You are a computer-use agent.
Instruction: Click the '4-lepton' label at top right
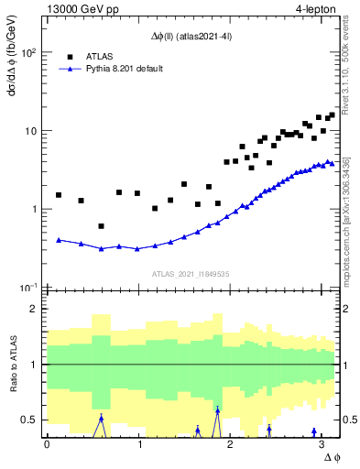[x=317, y=10]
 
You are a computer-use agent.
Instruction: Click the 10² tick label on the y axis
[x=29, y=52]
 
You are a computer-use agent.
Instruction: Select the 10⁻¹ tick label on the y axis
[x=29, y=287]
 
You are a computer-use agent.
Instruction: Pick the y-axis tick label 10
[x=31, y=130]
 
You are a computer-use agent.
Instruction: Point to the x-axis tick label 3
[x=324, y=444]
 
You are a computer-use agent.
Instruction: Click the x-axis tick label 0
[x=47, y=444]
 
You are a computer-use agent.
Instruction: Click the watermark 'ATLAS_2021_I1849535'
[x=190, y=274]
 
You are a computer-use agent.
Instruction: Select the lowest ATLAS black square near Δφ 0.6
[x=101, y=226]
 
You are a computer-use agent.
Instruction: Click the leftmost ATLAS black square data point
[x=59, y=195]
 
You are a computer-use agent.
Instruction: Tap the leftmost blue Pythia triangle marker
[x=59, y=240]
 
